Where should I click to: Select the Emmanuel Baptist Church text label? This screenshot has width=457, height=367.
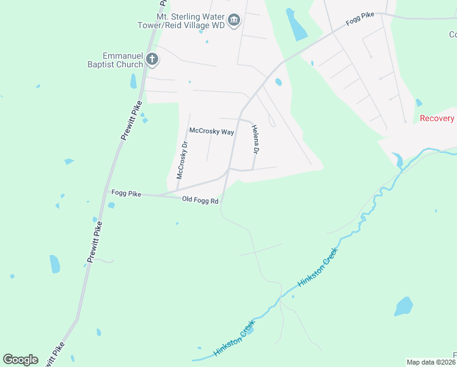click(x=122, y=60)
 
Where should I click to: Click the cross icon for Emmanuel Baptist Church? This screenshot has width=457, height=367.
click(x=152, y=59)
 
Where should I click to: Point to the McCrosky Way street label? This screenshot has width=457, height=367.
click(x=211, y=132)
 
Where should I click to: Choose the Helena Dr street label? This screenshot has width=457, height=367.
click(x=256, y=141)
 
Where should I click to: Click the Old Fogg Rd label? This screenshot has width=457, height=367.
click(x=200, y=199)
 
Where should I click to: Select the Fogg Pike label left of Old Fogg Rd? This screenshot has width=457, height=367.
click(x=126, y=193)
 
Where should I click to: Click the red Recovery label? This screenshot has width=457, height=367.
click(x=437, y=118)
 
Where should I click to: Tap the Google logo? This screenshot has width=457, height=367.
click(x=20, y=360)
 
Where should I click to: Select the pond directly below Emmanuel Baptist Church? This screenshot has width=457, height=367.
click(x=133, y=81)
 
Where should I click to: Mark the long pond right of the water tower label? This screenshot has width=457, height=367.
click(x=296, y=25)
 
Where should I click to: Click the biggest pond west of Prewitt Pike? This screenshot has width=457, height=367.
click(x=54, y=264)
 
